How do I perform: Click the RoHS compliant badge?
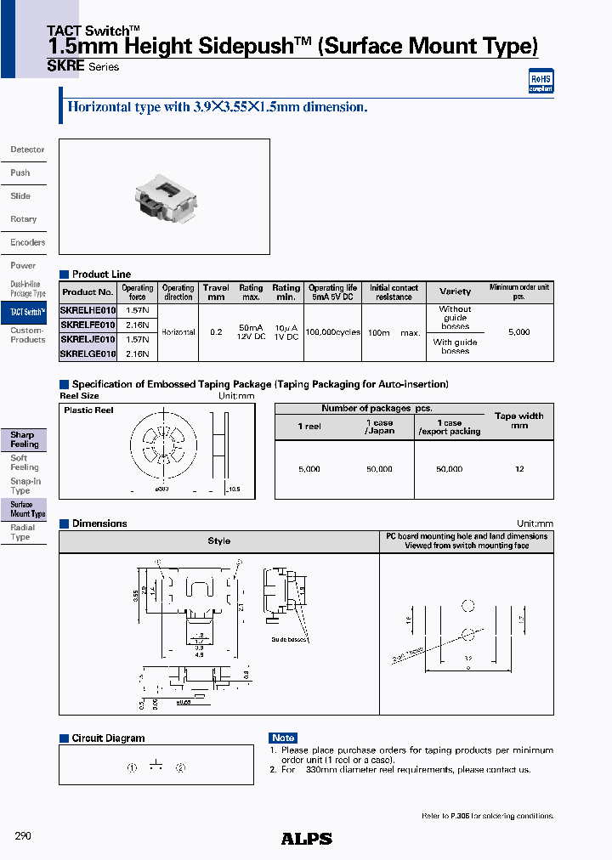[541, 82]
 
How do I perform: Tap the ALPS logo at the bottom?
[306, 839]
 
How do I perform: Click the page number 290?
[23, 836]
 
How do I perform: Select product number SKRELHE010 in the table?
[88, 311]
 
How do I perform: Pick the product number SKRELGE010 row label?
[88, 354]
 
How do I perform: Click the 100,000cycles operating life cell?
[332, 332]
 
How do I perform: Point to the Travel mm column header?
[216, 292]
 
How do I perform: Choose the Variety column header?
[455, 291]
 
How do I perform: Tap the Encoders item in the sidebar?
[27, 242]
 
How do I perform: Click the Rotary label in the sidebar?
[24, 219]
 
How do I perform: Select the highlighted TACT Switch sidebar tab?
[27, 313]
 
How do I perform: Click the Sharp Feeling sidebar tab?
[24, 439]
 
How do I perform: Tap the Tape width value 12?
[519, 469]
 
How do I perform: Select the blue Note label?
[283, 738]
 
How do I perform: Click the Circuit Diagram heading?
[108, 738]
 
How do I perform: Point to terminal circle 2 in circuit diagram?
[180, 767]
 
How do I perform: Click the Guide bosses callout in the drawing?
[288, 639]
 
